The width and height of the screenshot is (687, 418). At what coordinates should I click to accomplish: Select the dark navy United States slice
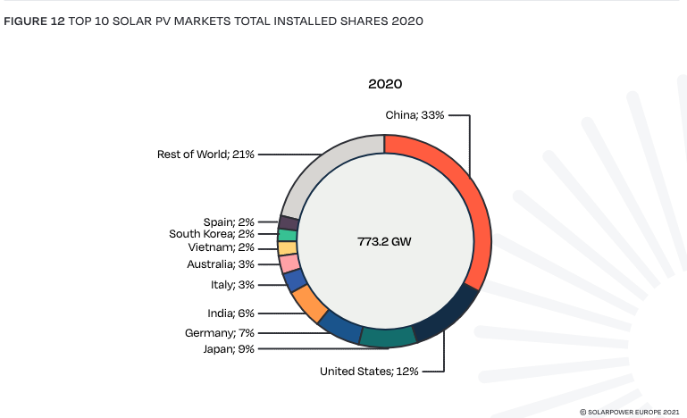(x=446, y=318)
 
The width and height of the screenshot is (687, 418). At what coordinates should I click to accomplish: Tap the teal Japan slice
(x=388, y=337)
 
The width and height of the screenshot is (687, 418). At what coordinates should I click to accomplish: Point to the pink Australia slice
(x=289, y=263)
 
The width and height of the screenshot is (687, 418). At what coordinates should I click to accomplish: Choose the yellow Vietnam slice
(x=287, y=248)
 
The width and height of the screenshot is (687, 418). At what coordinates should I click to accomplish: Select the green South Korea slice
(x=287, y=235)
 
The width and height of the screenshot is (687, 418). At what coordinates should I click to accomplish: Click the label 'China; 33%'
(x=414, y=115)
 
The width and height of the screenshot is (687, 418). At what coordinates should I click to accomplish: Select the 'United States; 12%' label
(x=369, y=371)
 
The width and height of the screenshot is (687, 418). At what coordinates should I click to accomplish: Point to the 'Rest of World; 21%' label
(x=205, y=155)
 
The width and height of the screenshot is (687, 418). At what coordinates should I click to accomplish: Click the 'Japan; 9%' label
(x=229, y=348)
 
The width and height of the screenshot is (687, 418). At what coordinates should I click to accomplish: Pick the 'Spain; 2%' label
(x=229, y=222)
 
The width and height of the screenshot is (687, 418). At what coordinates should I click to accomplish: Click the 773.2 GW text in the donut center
(x=384, y=241)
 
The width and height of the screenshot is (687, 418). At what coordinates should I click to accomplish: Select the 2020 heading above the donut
(x=385, y=84)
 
